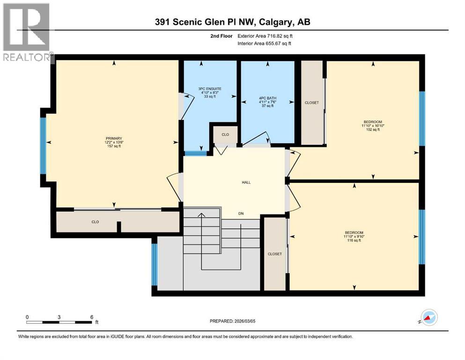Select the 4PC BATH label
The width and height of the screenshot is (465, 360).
point(268,102)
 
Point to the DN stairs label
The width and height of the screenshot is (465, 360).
point(241,213)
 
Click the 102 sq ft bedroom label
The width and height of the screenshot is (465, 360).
point(373,126)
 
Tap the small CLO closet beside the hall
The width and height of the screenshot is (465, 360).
point(225,135)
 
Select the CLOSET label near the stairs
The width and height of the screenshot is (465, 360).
point(275,254)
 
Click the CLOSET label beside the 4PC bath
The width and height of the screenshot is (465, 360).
point(312,103)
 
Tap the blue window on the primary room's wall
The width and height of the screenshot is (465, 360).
point(43,146)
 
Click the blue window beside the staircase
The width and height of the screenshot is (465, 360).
point(155,264)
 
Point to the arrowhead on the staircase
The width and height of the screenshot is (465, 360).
point(201,215)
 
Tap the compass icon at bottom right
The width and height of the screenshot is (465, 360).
point(429,318)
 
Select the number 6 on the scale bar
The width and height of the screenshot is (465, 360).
point(92,317)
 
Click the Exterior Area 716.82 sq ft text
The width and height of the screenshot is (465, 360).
point(267,36)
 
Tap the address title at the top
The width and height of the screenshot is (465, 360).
point(233,22)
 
